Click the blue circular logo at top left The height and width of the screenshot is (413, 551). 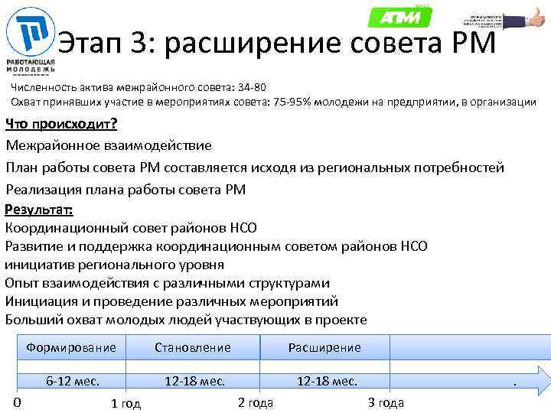click(31, 32)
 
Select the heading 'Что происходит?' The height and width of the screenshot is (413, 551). click(56, 125)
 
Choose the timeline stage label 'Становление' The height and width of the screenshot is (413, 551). click(192, 347)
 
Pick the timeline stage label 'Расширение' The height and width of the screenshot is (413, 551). click(324, 347)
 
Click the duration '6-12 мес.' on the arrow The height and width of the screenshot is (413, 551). click(73, 381)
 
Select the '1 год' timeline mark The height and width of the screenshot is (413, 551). click(126, 404)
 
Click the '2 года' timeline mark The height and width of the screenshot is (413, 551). click(256, 403)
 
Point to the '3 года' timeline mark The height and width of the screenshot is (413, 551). click(386, 403)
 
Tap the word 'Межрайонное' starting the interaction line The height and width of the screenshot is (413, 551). click(54, 145)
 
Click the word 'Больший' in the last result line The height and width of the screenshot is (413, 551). click(33, 320)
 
